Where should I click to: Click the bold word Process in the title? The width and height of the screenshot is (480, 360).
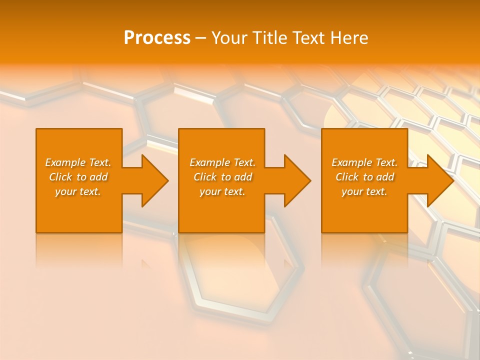tap(157, 38)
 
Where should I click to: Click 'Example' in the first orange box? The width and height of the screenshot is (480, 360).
tap(65, 162)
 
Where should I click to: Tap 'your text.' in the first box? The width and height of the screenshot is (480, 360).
tap(78, 191)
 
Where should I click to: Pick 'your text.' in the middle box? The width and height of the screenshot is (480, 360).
tap(222, 191)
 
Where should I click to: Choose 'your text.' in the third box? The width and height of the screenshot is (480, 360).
tap(364, 191)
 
